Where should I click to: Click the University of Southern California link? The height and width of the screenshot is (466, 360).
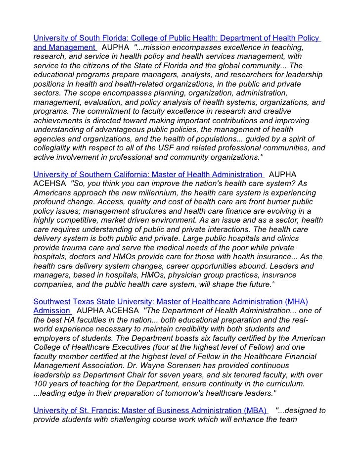(x=148, y=175)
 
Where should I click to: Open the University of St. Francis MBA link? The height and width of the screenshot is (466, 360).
(x=150, y=411)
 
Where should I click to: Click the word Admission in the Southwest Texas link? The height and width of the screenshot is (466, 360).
(x=51, y=311)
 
